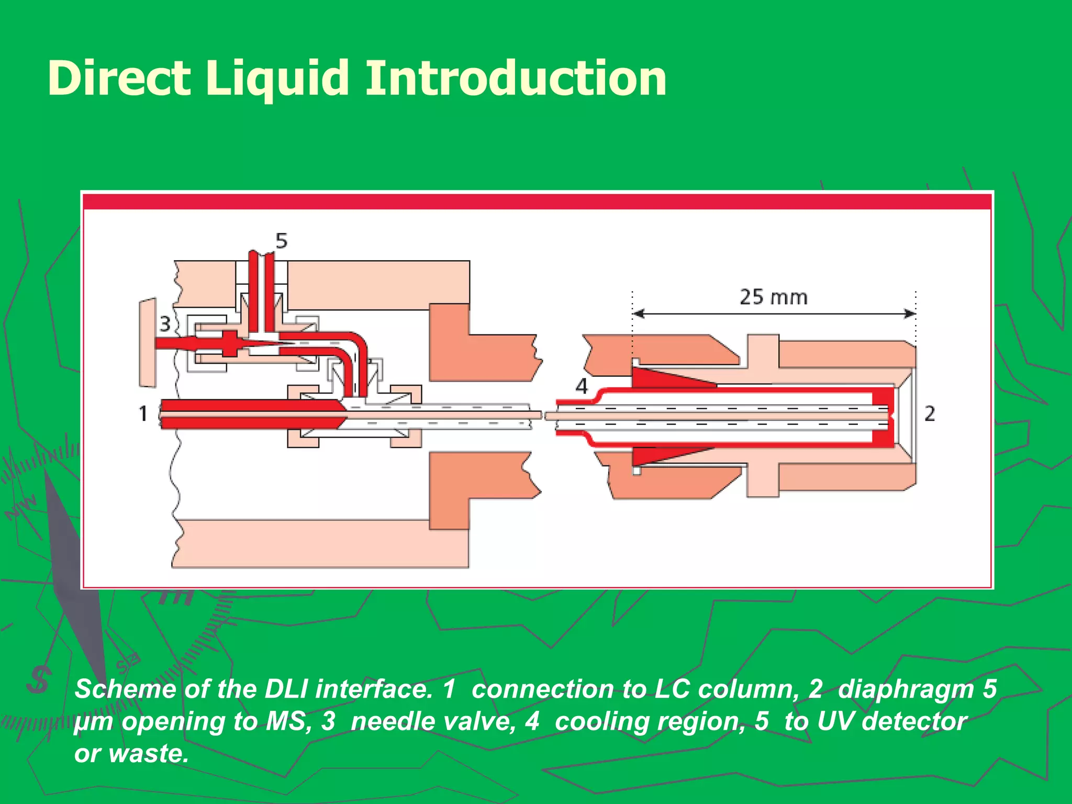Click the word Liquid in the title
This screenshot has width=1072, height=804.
pos(277,79)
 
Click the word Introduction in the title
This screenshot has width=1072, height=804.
pos(516,79)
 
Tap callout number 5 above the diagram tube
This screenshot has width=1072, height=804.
pos(282,241)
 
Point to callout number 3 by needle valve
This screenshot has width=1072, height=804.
pos(165,324)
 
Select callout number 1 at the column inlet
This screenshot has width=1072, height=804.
pos(143,414)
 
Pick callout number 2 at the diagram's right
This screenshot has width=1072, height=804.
pos(929,414)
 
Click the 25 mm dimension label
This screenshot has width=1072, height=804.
pos(773,297)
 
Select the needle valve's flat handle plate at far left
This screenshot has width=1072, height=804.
pos(148,343)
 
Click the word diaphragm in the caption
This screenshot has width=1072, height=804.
pos(905,689)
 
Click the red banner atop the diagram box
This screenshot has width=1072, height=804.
pos(537,202)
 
